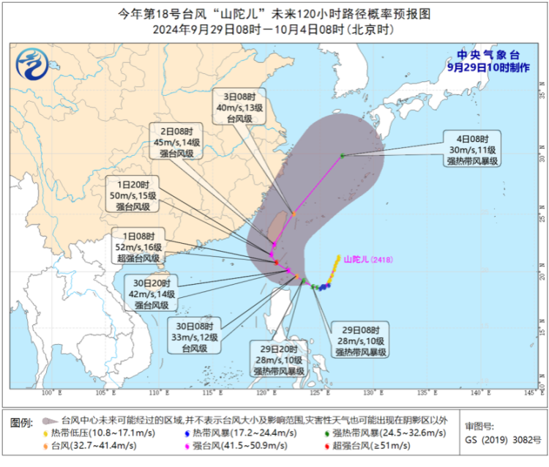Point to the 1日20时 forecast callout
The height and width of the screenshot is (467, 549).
(132, 195)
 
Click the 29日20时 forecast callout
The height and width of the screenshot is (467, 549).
(278, 359)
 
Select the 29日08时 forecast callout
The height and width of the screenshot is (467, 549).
(361, 340)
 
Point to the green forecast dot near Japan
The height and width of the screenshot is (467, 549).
(343, 155)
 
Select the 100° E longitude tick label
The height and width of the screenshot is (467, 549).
(50, 394)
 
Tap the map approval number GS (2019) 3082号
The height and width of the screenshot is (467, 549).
(502, 441)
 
